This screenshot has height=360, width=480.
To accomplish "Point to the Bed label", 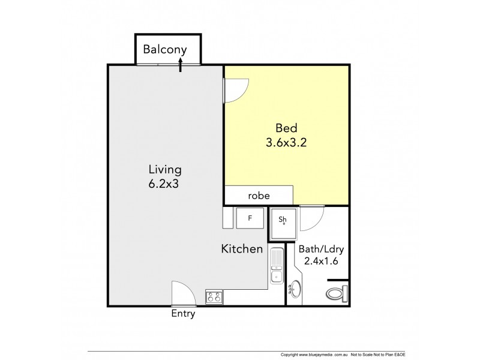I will pos(286,128).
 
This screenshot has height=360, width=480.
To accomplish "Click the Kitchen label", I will pos(242,248).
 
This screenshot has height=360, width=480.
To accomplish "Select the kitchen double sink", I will pos(276,266).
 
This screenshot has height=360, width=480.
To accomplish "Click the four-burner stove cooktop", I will pos(214,295).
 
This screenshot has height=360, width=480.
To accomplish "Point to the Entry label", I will pos(183,314).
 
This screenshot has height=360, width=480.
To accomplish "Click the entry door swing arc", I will pos(183,293).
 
